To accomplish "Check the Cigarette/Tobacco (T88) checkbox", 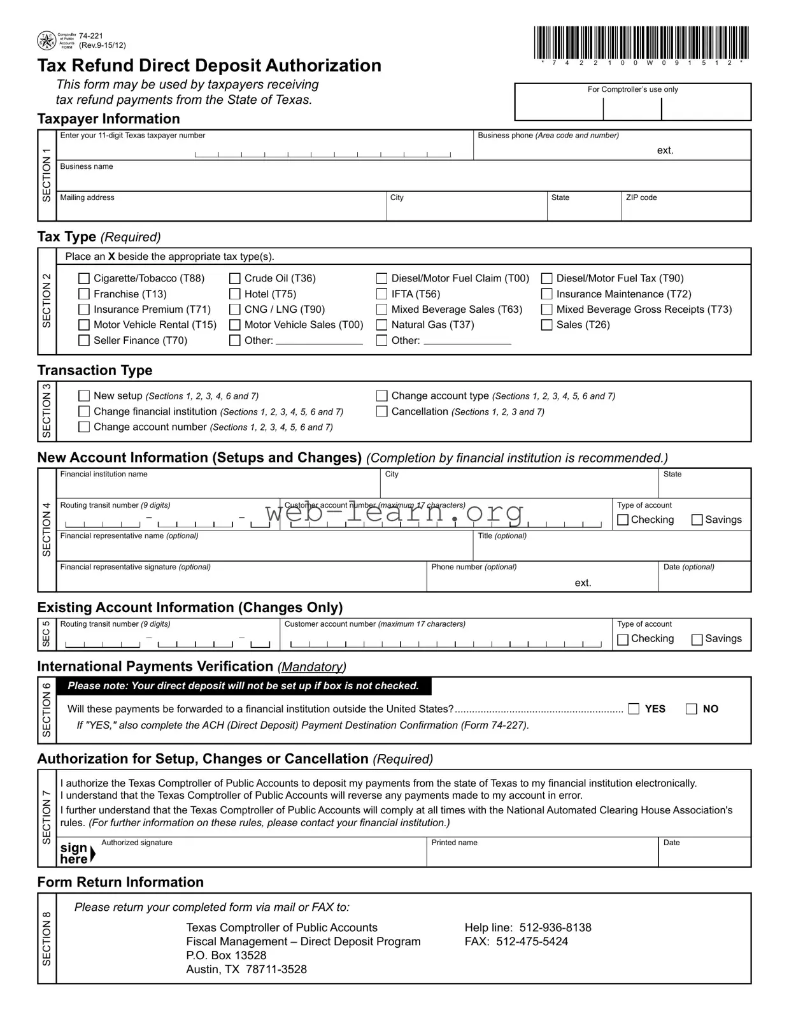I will [84, 278].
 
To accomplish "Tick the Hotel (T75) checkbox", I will [235, 294].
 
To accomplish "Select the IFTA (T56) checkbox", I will [382, 294].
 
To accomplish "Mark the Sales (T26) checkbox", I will [547, 325].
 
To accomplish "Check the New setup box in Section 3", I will [84, 396].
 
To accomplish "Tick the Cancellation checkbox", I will [382, 411].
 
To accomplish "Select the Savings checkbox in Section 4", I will [697, 520].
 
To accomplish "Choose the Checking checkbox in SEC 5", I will [623, 639].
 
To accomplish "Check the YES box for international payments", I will [634, 709].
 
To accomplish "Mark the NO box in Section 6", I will [692, 709].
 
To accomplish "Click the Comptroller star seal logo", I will [46, 41].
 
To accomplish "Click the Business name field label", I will [87, 167].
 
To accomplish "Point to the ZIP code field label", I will [641, 198].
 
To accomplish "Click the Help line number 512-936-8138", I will [555, 927].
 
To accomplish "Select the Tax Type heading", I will [66, 237].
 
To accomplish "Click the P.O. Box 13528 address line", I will [226, 955].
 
